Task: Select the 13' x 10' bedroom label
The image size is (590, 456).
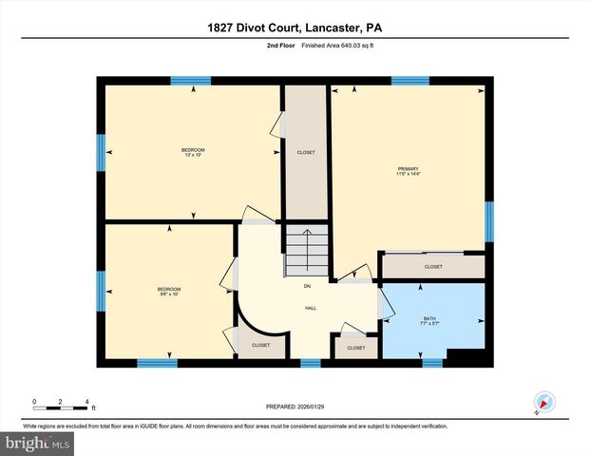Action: point(193,152)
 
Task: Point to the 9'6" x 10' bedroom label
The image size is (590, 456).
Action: point(168,291)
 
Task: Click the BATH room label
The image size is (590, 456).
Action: point(430,321)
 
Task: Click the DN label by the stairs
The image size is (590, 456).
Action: point(307,286)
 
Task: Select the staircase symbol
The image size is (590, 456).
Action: point(307,253)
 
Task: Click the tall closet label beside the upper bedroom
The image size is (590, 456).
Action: point(306,153)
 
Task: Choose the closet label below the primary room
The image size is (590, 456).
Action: point(433,267)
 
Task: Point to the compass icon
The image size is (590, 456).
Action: point(544,403)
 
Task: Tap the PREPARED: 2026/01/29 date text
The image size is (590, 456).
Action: point(295,406)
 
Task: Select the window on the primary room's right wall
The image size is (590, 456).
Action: point(489,221)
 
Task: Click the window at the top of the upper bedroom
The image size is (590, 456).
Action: point(190,82)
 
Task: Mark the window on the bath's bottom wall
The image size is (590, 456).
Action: point(432,362)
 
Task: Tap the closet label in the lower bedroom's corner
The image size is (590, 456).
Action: point(260,345)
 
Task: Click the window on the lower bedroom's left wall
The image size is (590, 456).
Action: point(101,291)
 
